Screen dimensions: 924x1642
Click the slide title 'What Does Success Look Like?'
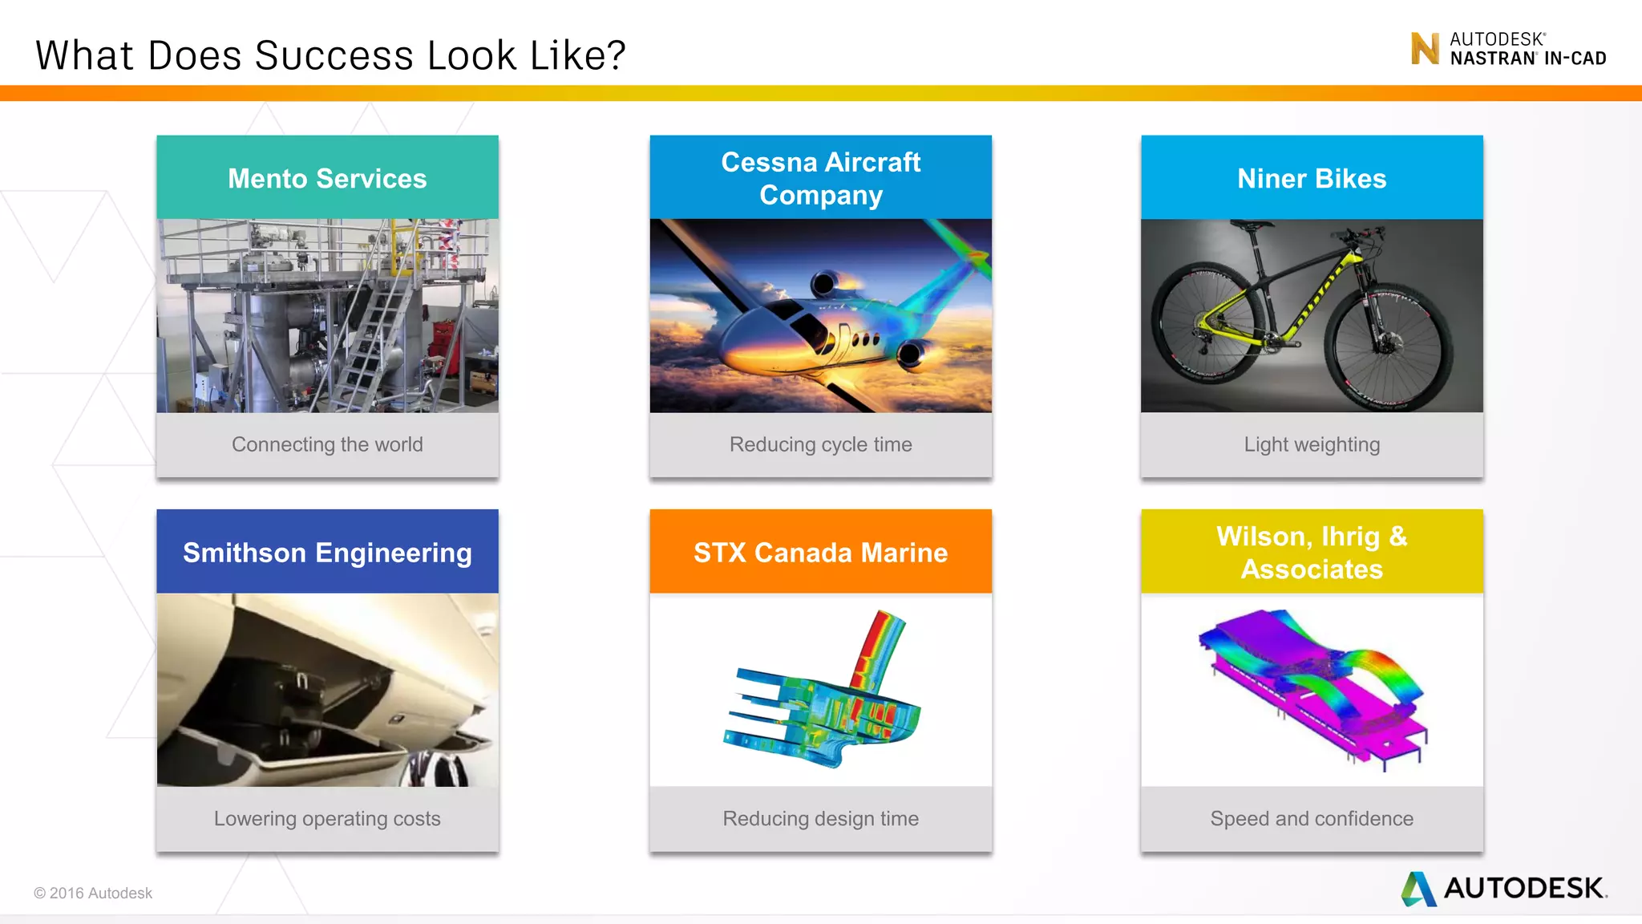[330, 56]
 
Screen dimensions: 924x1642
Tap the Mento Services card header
[327, 178]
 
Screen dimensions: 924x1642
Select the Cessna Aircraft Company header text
[820, 178]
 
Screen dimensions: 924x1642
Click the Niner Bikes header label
[1312, 178]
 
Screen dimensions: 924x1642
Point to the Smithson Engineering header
[327, 553]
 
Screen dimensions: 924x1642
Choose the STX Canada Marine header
[820, 553]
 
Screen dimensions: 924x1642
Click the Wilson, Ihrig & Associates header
[1312, 553]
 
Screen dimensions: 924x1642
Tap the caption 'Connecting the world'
[327, 444]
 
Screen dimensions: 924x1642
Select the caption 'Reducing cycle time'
[820, 444]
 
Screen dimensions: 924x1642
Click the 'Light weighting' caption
[1312, 444]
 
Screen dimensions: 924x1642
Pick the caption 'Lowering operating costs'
[327, 818]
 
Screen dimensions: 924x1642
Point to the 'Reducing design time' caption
[820, 818]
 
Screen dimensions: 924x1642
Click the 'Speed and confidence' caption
[1312, 818]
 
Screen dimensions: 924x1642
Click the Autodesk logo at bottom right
[1504, 888]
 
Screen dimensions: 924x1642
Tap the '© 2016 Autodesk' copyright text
[93, 893]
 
